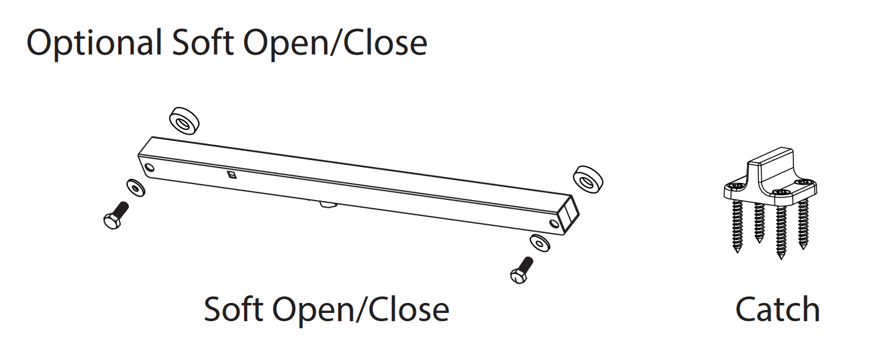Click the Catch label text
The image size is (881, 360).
click(777, 310)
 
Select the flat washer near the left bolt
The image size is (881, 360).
click(136, 188)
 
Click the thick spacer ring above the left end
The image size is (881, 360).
click(184, 121)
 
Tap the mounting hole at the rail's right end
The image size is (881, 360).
click(554, 224)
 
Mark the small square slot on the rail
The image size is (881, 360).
click(232, 174)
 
